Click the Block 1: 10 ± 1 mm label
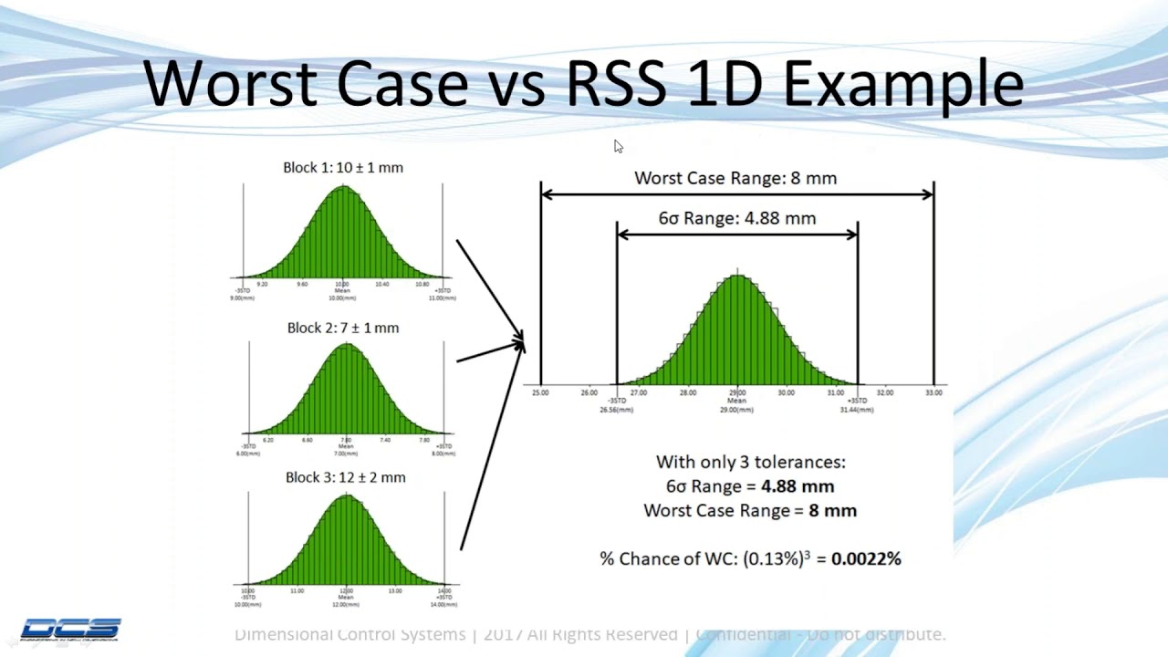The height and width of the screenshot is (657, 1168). click(343, 168)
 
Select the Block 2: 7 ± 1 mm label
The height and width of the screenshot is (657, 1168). click(343, 328)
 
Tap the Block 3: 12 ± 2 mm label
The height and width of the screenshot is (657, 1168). click(345, 477)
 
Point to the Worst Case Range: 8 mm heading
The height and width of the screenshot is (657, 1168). click(735, 178)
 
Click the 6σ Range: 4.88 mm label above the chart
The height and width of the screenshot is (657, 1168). click(736, 218)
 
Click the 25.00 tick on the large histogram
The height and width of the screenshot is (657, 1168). click(540, 392)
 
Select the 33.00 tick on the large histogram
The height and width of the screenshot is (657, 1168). click(933, 392)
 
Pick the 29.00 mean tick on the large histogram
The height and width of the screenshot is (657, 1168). click(736, 392)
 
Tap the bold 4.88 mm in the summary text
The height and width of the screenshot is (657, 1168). click(798, 486)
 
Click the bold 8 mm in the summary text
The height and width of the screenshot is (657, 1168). click(832, 510)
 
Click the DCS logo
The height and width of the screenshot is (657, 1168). click(70, 629)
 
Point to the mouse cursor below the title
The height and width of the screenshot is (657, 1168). click(617, 146)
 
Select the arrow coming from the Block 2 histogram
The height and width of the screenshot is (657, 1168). click(490, 351)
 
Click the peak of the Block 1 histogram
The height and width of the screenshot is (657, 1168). click(343, 188)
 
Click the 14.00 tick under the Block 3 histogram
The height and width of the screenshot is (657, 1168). click(444, 591)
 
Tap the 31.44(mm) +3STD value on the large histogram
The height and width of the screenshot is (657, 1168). click(857, 410)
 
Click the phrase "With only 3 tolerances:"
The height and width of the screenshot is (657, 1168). click(750, 463)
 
